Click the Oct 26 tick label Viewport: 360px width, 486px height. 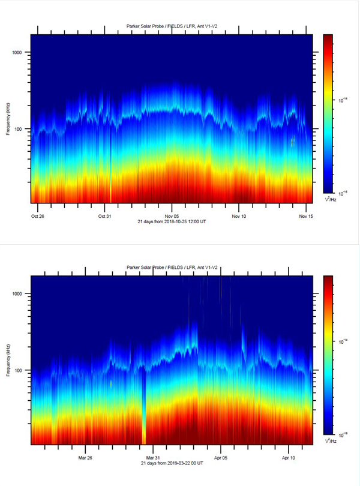coord(38,215)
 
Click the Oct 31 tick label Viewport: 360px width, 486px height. coord(105,215)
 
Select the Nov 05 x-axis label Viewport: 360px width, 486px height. coord(172,215)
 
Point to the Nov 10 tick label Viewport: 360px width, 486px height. coord(239,215)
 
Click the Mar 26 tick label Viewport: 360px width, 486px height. coord(86,457)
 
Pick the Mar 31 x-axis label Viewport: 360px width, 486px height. coord(153,457)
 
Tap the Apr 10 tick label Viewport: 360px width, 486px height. coord(289,457)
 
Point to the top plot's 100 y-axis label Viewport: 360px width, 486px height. coord(22,129)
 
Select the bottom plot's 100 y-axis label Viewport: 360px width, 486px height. coord(22,371)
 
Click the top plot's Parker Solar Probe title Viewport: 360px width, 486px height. coord(172,26)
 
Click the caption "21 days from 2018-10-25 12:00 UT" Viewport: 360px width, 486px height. coord(172,222)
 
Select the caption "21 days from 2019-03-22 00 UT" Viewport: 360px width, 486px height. coord(172,464)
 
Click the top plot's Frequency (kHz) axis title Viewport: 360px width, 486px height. coord(8,119)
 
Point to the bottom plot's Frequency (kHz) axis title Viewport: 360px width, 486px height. coord(8,361)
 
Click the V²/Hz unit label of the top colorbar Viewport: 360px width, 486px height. coord(329,198)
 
